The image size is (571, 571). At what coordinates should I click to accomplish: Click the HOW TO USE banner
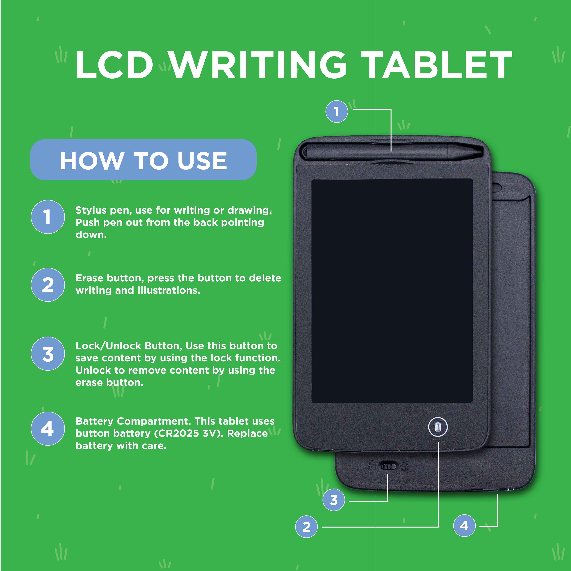[x=143, y=160]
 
